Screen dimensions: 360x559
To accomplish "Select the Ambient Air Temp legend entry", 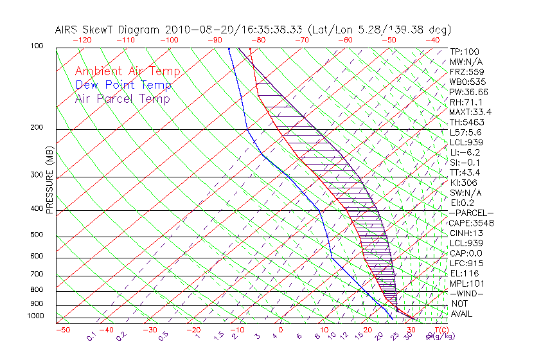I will pos(127,72).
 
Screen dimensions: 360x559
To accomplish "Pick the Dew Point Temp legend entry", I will pos(123,85).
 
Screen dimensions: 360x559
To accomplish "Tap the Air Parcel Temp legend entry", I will pos(122,99).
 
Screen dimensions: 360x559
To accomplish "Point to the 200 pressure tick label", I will pos(37,128).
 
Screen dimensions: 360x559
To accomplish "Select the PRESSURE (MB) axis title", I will pos(49,179).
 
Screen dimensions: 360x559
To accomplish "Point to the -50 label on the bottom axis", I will pos(62,330).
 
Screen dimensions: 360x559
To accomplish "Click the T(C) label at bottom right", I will pos(439,330).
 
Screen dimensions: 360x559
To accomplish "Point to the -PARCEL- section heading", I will pos(472,213).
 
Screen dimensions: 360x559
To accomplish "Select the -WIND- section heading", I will pos(467,293).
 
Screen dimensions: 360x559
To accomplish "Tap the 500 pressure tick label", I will pos(37,235).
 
